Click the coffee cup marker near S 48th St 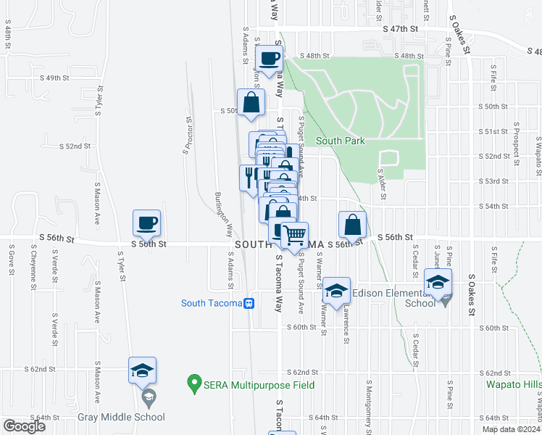pyautogui.click(x=270, y=59)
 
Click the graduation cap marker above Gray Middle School pyautogui.click(x=143, y=370)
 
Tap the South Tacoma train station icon pyautogui.click(x=249, y=303)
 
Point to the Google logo pyautogui.click(x=24, y=426)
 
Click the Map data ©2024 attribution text pyautogui.click(x=511, y=429)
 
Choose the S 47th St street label pyautogui.click(x=401, y=29)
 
